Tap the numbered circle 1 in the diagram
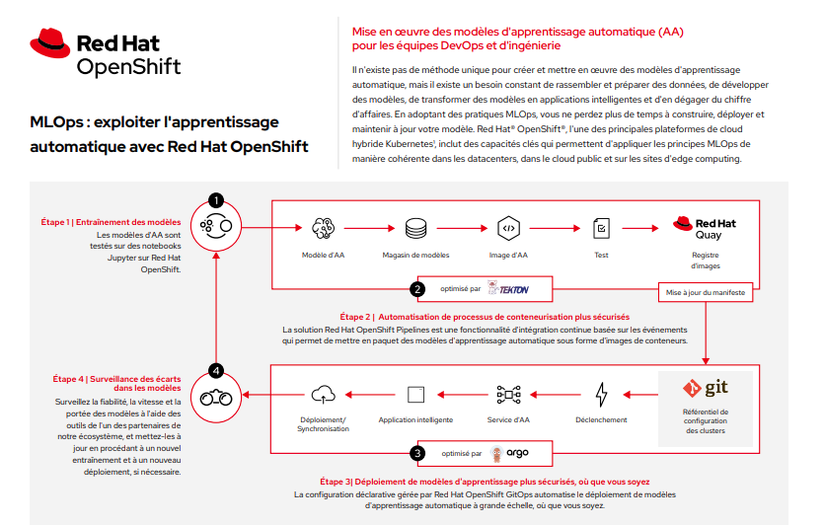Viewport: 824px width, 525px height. [215, 200]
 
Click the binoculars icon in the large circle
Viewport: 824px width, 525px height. [215, 398]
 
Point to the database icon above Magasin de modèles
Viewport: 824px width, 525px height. [415, 228]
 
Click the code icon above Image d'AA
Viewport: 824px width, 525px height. [508, 228]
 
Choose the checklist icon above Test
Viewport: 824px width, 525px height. [600, 228]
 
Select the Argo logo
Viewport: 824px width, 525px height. [510, 454]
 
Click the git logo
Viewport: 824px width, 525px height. [705, 388]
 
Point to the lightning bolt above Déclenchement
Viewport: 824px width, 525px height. [600, 395]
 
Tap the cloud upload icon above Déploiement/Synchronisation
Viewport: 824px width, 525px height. [323, 395]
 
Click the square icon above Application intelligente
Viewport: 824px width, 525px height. [415, 395]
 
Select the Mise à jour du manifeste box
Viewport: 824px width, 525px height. [706, 293]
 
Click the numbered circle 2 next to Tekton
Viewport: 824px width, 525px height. [417, 289]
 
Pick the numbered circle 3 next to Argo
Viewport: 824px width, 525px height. [417, 454]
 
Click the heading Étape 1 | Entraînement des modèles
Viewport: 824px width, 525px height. [111, 222]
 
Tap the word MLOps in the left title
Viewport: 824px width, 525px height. [55, 122]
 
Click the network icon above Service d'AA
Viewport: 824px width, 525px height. [508, 395]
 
